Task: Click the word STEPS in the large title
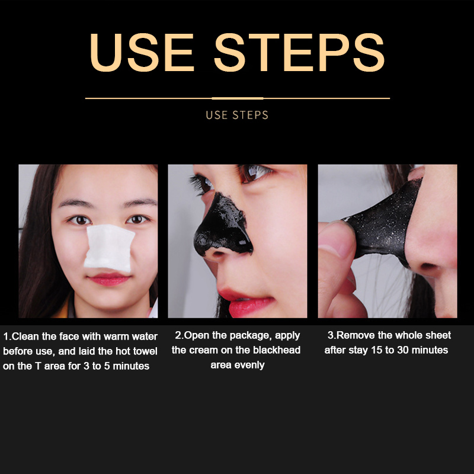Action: tap(299, 52)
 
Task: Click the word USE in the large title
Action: tap(142, 52)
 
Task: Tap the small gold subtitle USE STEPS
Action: tap(237, 115)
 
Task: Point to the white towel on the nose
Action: tap(109, 248)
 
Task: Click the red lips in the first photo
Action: tap(109, 279)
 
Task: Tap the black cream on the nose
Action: tap(223, 227)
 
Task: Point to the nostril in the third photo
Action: tap(429, 266)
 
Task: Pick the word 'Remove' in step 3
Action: tap(355, 335)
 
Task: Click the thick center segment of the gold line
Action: tap(238, 98)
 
